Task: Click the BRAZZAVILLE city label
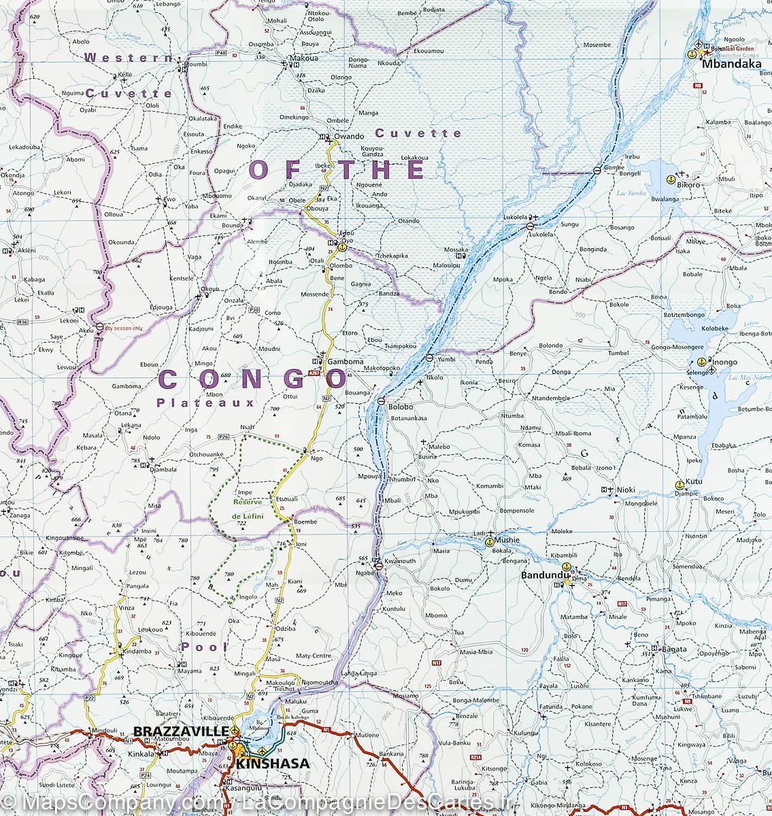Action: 181,731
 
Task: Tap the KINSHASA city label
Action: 272,764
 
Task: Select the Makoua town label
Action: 304,58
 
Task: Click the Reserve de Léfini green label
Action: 248,510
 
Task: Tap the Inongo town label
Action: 724,362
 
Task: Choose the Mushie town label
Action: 507,540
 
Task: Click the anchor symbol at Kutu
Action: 678,485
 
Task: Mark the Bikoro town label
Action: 688,184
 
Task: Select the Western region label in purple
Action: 129,58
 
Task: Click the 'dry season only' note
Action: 124,329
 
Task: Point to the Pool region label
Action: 203,647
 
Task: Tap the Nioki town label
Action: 626,490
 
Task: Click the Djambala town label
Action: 163,469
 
